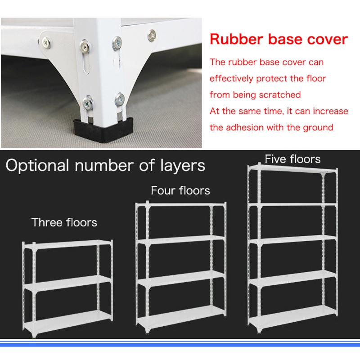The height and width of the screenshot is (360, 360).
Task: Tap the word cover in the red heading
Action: coord(325,39)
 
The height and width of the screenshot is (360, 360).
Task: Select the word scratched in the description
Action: coord(279,95)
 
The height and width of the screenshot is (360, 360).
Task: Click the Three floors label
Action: coord(64,222)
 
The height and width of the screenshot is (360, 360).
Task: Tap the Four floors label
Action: coord(180,190)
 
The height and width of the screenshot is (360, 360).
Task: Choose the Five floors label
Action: coord(292,159)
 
